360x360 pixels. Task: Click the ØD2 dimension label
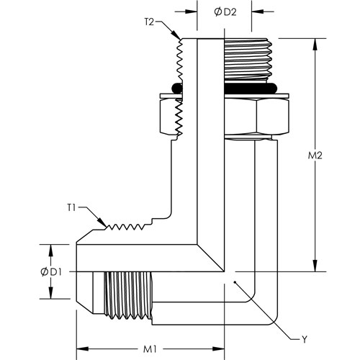coord(225,12)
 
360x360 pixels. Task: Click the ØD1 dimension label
coord(51,272)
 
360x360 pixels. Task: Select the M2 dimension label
coord(315,156)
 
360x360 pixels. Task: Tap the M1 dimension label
coord(150,349)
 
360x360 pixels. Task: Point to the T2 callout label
coord(149,22)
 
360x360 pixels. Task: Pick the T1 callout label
coord(71,208)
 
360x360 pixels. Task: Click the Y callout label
coord(305,339)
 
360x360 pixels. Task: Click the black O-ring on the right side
coord(250,89)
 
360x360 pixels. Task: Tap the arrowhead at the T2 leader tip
coord(176,35)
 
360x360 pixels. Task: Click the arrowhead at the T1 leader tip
coord(102,222)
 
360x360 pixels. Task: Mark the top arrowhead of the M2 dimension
coord(315,44)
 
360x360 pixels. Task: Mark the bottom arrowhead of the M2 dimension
coord(315,266)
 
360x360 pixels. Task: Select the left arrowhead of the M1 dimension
coord(82,349)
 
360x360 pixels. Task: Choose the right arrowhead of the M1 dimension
coord(218,349)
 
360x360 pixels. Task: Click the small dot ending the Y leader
coord(235,282)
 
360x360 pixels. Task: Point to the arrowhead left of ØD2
coord(192,12)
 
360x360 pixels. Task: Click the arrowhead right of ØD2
coord(258,12)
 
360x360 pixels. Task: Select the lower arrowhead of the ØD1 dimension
coord(50,293)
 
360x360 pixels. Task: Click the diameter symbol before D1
coord(45,272)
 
